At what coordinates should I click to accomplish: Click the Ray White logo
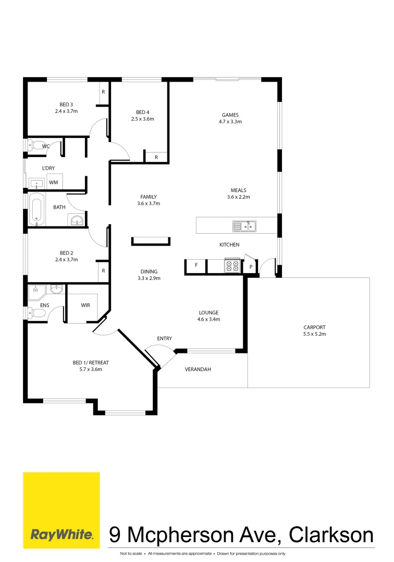61,510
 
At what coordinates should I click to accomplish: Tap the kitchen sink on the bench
244,226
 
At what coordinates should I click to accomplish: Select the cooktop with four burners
232,266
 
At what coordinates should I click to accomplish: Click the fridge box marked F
196,266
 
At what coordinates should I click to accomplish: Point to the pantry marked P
251,266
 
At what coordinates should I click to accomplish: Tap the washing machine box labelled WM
53,182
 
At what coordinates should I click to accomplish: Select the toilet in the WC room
36,146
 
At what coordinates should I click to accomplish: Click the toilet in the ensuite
36,313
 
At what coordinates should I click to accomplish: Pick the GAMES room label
230,115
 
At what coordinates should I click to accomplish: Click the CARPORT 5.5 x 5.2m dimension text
314,334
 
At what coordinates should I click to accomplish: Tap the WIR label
85,305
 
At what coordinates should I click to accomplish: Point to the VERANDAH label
198,369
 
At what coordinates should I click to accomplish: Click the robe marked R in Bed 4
156,157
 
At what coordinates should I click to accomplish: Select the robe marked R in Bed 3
103,92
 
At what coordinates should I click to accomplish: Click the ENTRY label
165,339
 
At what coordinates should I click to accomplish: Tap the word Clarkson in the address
331,534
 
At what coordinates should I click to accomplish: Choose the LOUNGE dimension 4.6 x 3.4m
208,320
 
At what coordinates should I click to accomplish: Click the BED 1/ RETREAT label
91,363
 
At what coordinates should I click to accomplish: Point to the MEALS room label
239,190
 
